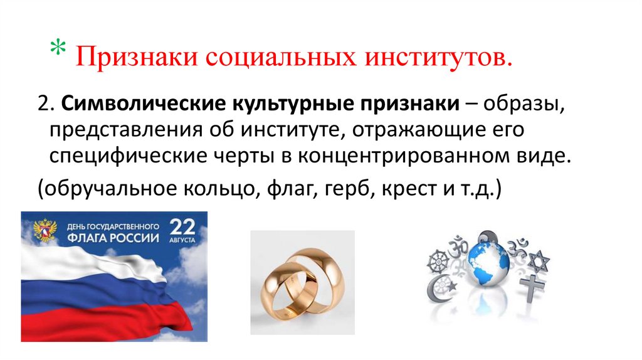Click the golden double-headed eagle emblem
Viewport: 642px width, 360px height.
(45, 230)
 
